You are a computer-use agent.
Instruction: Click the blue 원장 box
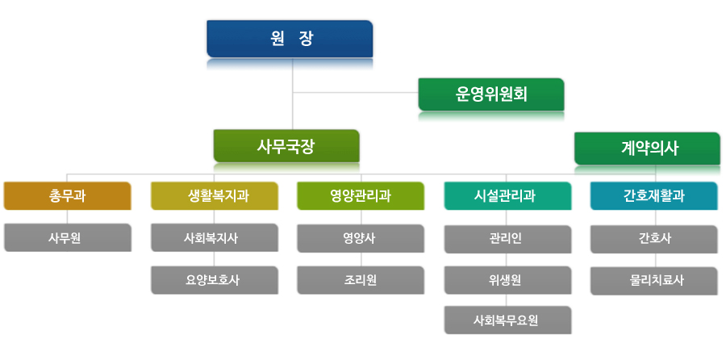(290, 39)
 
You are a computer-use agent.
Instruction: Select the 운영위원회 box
(491, 94)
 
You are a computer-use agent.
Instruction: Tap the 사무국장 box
(286, 146)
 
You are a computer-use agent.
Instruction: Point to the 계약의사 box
(647, 149)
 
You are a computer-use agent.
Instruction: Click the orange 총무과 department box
(68, 196)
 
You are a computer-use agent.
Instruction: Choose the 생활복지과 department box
(215, 196)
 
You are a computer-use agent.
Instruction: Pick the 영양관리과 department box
(361, 196)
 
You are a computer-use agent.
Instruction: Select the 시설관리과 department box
(508, 196)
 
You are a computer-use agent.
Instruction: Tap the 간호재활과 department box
(653, 196)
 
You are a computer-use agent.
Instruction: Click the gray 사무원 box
(68, 237)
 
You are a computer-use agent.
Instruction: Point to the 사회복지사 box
(215, 237)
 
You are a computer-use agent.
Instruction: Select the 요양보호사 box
(215, 280)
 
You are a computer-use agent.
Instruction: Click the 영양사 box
(361, 239)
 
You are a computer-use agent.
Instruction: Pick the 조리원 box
(361, 280)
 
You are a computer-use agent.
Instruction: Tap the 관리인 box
(508, 239)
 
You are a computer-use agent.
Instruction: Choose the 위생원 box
(508, 280)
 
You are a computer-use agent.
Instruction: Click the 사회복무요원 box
(508, 320)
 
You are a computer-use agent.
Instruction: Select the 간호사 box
(653, 239)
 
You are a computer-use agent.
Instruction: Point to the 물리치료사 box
(653, 281)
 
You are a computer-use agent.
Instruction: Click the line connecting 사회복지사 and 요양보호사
(214, 259)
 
